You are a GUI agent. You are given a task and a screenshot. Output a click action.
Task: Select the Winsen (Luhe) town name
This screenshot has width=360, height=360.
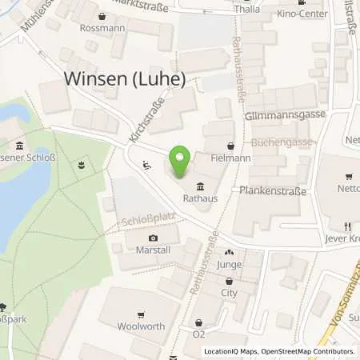click(x=124, y=80)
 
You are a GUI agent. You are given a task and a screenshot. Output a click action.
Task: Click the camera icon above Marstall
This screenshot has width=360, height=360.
click(x=153, y=238)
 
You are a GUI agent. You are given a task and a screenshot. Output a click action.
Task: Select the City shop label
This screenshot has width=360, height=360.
click(x=230, y=293)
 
